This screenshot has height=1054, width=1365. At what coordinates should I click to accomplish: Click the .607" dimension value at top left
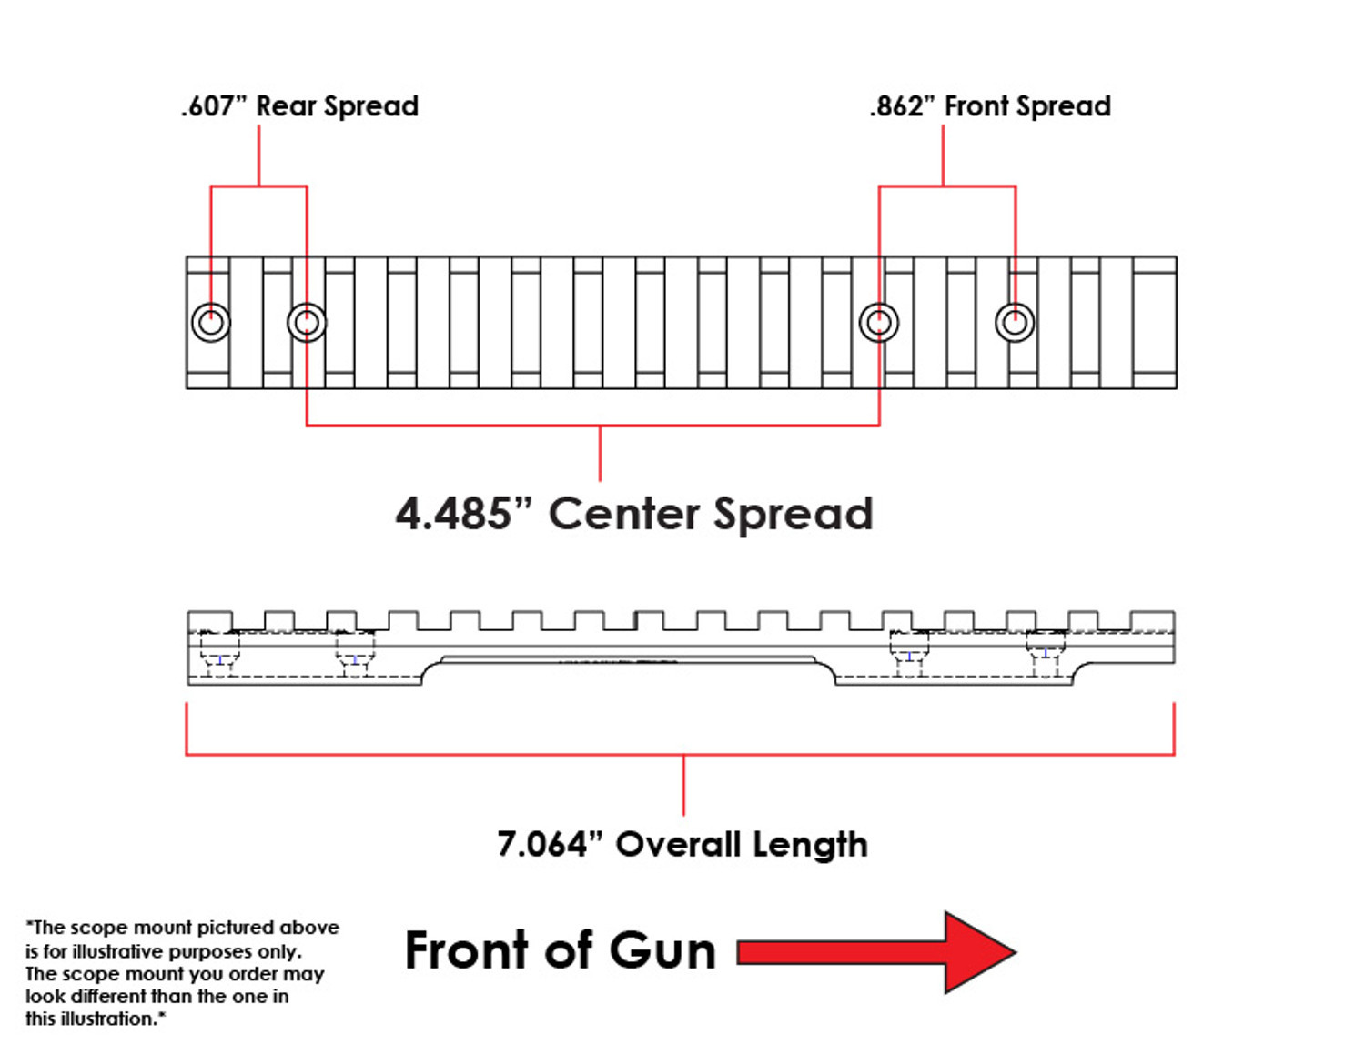pos(214,106)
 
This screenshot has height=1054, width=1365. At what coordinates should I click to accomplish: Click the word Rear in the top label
pos(286,106)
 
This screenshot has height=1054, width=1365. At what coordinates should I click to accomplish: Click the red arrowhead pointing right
pos(978,952)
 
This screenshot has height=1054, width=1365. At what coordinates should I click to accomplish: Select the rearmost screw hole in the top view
pos(211,322)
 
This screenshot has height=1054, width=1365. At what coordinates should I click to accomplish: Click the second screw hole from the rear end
pos(307,322)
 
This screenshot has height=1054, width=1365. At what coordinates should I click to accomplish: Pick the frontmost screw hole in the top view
pos(1015,322)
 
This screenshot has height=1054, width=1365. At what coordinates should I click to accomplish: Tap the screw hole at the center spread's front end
pos(879,322)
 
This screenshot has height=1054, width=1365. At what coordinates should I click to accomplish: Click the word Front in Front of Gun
pos(466,950)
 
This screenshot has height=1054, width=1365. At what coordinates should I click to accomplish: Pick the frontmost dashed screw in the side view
pos(1046,653)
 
